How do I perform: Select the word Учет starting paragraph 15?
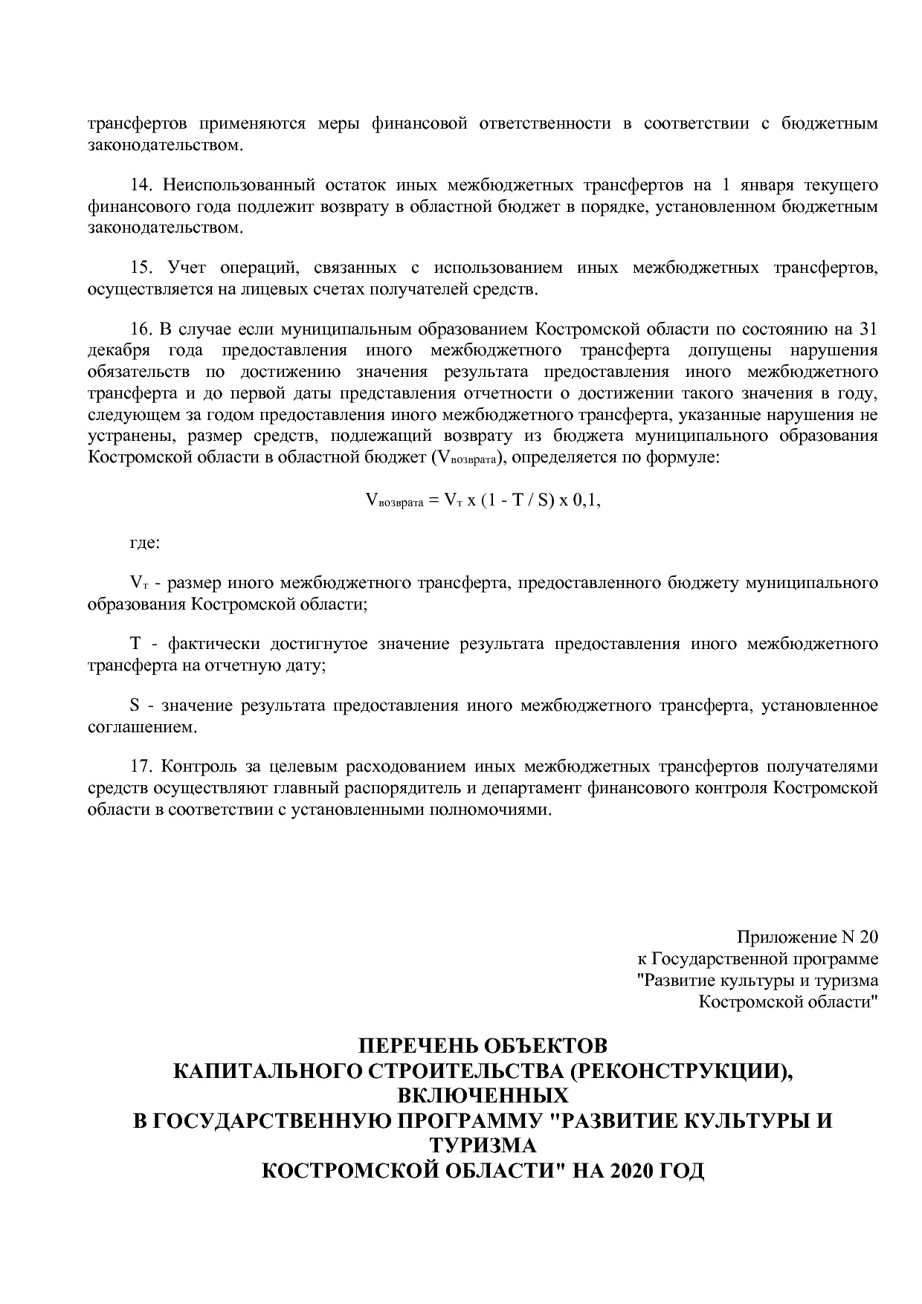[186, 268]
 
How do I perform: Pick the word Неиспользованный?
[233, 185]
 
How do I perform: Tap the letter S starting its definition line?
[135, 705]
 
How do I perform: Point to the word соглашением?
[142, 726]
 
